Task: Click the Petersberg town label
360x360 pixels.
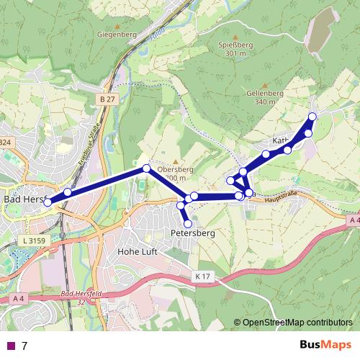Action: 193,234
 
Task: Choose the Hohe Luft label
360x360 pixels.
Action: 137,252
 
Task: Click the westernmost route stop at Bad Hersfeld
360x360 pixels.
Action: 48,202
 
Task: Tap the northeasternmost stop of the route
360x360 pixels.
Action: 312,116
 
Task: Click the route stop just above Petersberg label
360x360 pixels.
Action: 188,223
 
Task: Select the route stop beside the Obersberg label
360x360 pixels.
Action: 146,168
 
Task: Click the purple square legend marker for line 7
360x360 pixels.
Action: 11,346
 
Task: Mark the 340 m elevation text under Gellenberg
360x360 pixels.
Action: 265,102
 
